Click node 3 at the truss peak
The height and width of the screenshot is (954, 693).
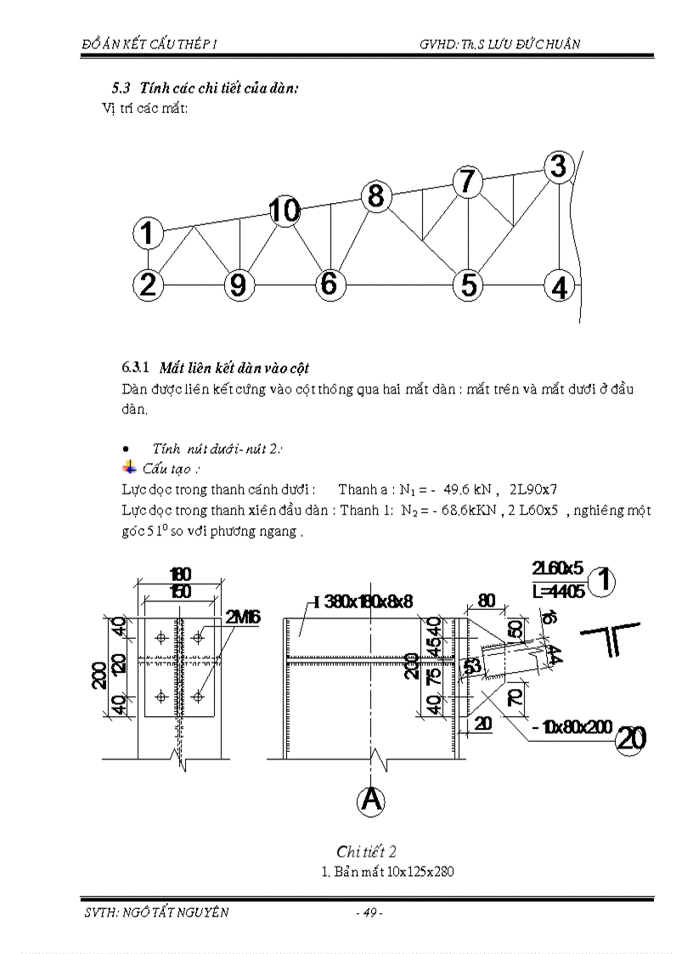pos(557,167)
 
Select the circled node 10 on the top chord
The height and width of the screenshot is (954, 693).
pos(285,209)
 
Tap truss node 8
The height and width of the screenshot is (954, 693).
pos(375,196)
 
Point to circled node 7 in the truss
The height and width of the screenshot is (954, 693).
pos(466,182)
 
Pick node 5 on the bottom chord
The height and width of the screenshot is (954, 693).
pos(467,285)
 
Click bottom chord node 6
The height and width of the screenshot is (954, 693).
pos(329,284)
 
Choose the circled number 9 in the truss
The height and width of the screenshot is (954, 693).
pos(239,285)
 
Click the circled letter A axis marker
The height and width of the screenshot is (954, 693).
pos(371,800)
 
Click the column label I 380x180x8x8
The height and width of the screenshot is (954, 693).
pos(363,602)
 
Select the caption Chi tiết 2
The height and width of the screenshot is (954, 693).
pos(367,851)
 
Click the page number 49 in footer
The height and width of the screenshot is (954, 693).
pos(369,912)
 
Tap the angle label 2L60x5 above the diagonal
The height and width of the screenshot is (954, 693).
pos(557,566)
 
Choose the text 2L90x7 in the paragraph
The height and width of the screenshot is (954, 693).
pos(532,489)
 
